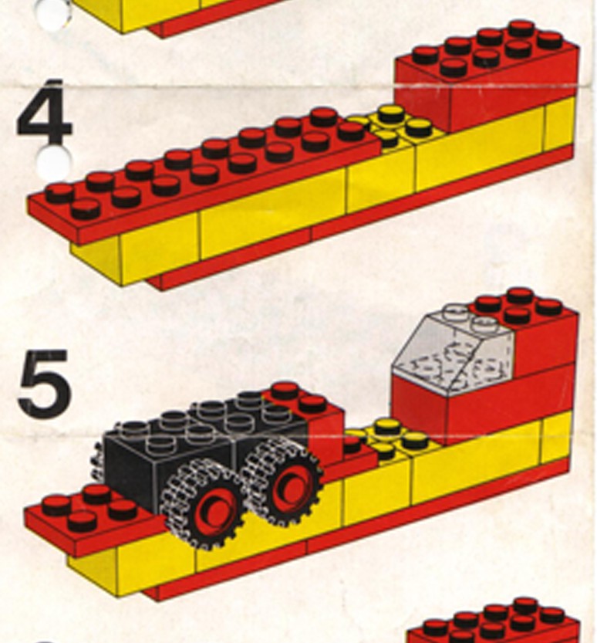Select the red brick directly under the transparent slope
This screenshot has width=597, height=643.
[420, 405]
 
